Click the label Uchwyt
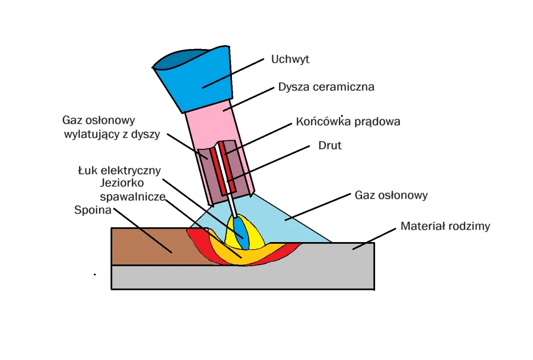point(290,59)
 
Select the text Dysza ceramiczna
point(326,87)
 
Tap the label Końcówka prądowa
point(348,122)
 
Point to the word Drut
point(330,146)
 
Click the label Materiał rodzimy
point(445,226)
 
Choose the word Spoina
point(92,210)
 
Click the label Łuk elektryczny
point(120,170)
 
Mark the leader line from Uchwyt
point(233,73)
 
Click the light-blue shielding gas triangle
point(291,225)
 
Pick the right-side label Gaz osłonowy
point(391,195)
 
